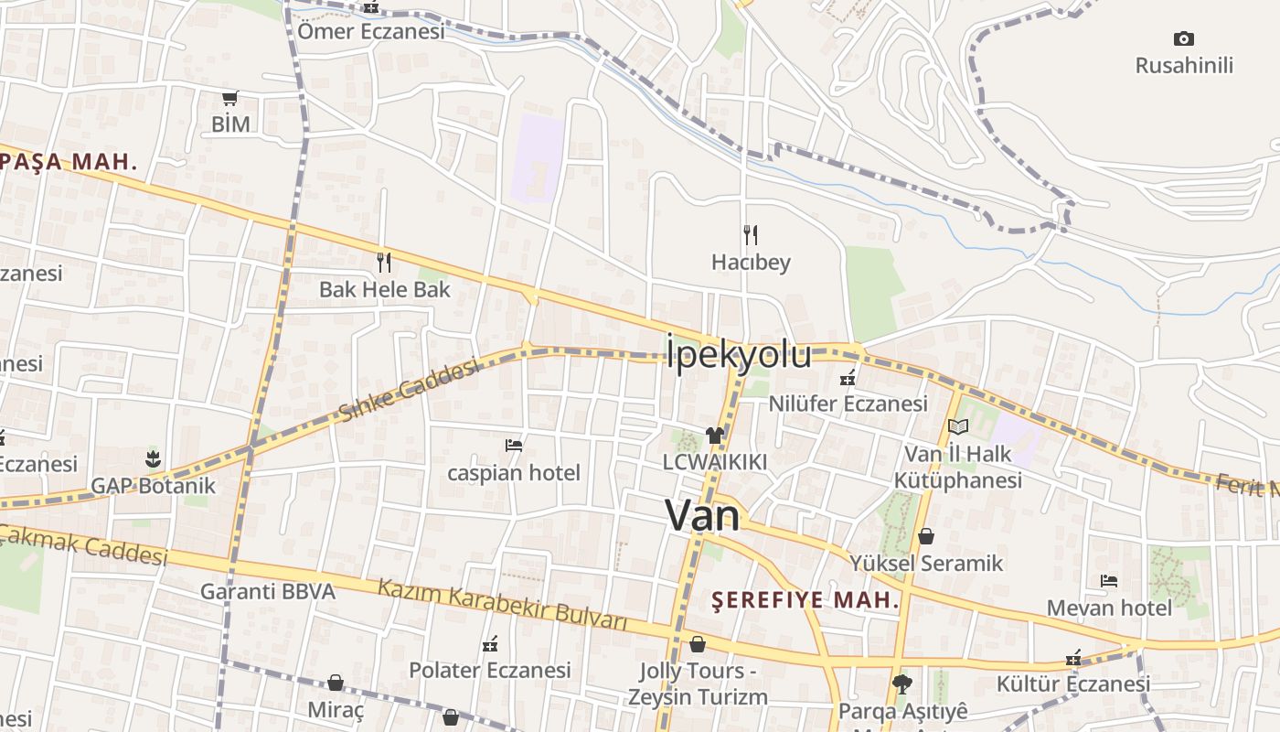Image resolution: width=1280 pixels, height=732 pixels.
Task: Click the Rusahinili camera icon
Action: (1184, 38)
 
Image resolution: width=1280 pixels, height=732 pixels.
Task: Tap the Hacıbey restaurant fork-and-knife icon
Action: (751, 235)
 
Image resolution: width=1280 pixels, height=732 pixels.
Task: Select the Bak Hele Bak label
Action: (385, 290)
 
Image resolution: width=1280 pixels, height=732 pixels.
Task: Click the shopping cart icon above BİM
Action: (230, 98)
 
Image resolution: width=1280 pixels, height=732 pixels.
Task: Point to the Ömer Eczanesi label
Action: (371, 32)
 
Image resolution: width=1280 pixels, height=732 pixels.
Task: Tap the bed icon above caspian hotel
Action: (514, 446)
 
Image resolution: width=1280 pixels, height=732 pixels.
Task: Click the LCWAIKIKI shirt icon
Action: (714, 436)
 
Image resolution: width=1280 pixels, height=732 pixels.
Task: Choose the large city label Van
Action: (702, 516)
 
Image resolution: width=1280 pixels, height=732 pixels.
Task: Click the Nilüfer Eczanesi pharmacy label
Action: (848, 404)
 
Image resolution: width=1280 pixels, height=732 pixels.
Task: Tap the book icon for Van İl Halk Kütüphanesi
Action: (957, 426)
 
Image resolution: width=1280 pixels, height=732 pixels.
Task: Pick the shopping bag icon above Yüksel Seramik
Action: (926, 536)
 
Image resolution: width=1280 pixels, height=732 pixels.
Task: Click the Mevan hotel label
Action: (1109, 608)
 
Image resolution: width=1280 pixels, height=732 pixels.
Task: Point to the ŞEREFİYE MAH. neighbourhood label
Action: (805, 601)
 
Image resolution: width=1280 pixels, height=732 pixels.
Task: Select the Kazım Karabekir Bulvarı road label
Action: (503, 605)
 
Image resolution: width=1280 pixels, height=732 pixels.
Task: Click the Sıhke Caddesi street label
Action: (409, 390)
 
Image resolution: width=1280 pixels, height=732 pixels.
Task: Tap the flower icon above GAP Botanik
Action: (153, 458)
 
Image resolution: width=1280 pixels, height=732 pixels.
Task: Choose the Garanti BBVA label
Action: (268, 592)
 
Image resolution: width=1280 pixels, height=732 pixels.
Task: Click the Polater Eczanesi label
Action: (490, 670)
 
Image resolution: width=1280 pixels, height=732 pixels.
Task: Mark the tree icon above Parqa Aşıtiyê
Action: (902, 684)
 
